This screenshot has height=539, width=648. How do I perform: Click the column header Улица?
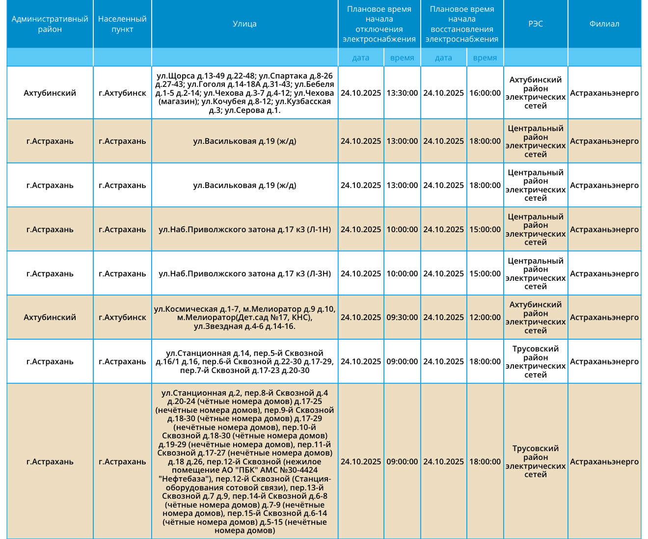[x=244, y=24]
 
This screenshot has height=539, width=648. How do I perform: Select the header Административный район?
[x=50, y=24]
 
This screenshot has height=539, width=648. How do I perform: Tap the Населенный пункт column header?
[x=122, y=24]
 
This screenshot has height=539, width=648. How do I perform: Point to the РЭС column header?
[x=536, y=24]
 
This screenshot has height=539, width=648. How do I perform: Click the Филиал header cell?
[x=604, y=24]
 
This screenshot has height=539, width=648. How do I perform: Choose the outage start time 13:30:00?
[x=402, y=93]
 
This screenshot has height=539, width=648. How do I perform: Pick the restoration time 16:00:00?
[x=485, y=93]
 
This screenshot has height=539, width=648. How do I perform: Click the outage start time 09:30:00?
[x=402, y=317]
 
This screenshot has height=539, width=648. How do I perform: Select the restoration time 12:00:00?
[x=485, y=317]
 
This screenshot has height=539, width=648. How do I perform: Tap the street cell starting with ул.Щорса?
[x=244, y=93]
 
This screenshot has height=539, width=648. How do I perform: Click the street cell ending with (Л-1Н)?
[x=244, y=229]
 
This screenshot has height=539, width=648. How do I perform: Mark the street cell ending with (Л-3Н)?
[x=244, y=273]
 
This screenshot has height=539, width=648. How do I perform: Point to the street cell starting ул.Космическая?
[x=244, y=317]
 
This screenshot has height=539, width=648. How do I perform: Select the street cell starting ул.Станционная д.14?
[x=244, y=361]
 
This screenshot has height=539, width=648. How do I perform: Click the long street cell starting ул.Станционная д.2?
[x=244, y=461]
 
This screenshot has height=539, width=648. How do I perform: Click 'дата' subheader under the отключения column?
[x=361, y=57]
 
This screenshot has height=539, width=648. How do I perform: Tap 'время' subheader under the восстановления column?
[x=485, y=57]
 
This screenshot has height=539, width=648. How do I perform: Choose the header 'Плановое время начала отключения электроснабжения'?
[x=379, y=24]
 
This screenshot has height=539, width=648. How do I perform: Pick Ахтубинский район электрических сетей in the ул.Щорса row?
[x=536, y=93]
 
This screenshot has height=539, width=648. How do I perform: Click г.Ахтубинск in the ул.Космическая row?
[x=122, y=317]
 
